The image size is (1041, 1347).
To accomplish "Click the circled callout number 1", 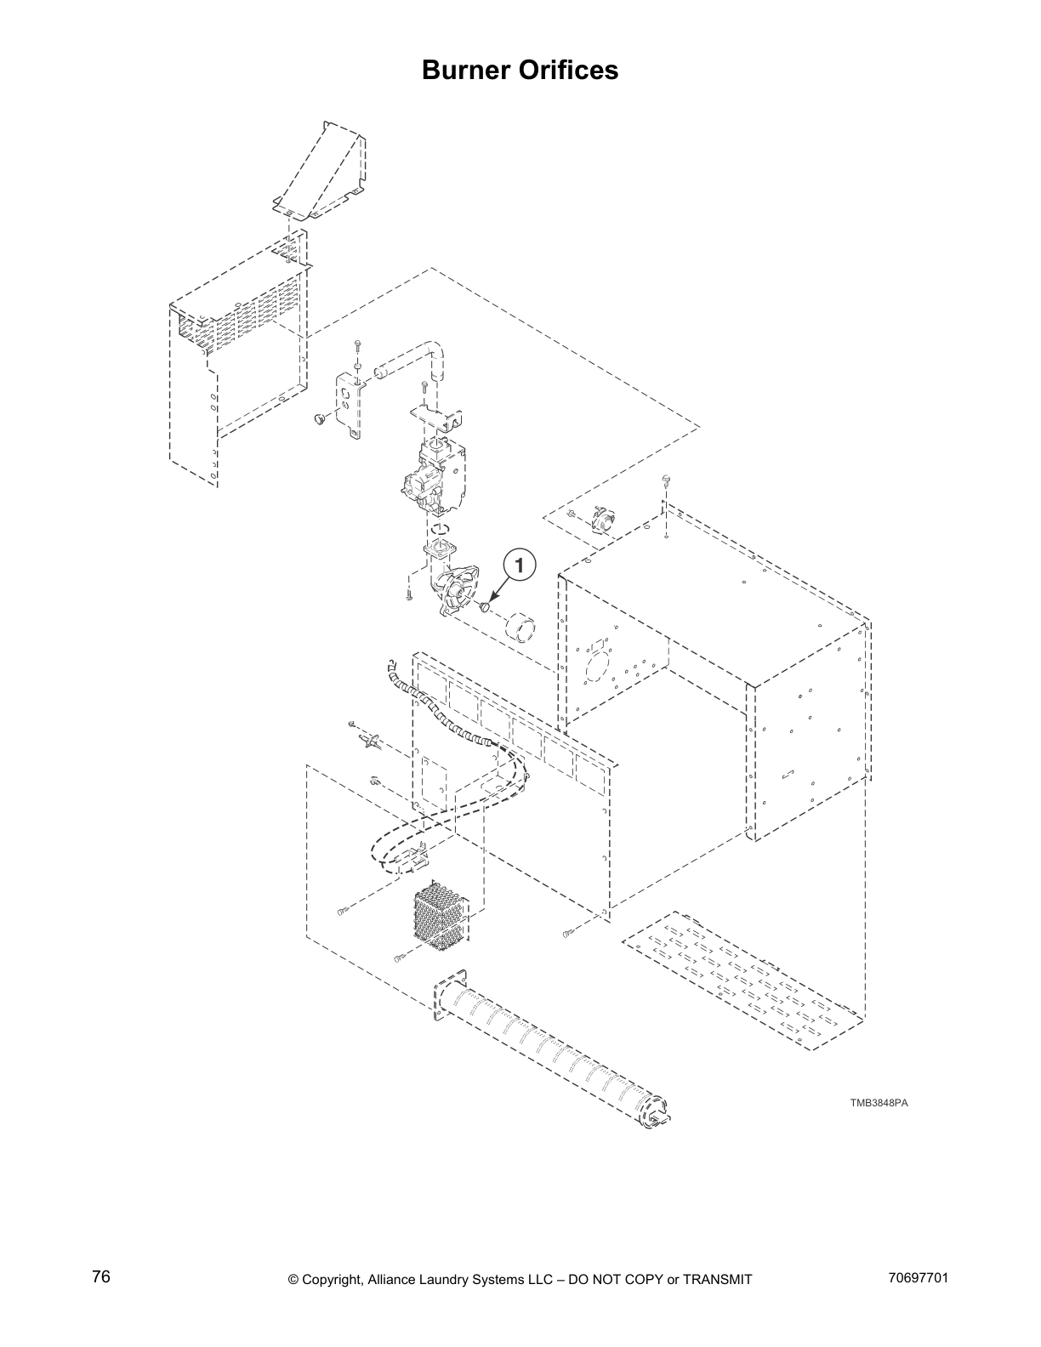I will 520,563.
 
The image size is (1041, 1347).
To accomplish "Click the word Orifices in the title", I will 573,70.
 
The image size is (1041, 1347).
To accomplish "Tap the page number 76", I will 101,1277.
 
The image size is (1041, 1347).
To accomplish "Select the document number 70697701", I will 916,1278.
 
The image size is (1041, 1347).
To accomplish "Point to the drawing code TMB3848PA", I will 879,1103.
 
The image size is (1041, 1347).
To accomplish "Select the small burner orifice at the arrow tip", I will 486,607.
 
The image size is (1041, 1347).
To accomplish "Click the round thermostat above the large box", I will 604,520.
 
